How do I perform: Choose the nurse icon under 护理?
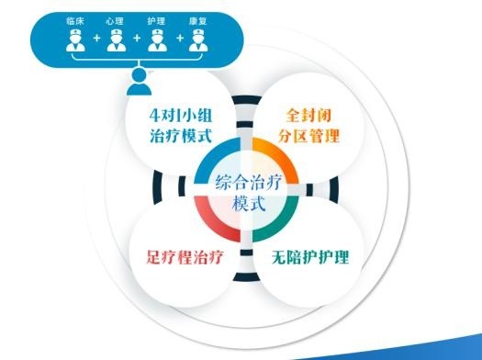tap(157, 39)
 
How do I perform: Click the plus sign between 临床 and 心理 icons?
tap(95, 39)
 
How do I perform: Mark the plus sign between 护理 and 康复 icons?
tap(179, 39)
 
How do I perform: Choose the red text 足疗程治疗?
tap(180, 255)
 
